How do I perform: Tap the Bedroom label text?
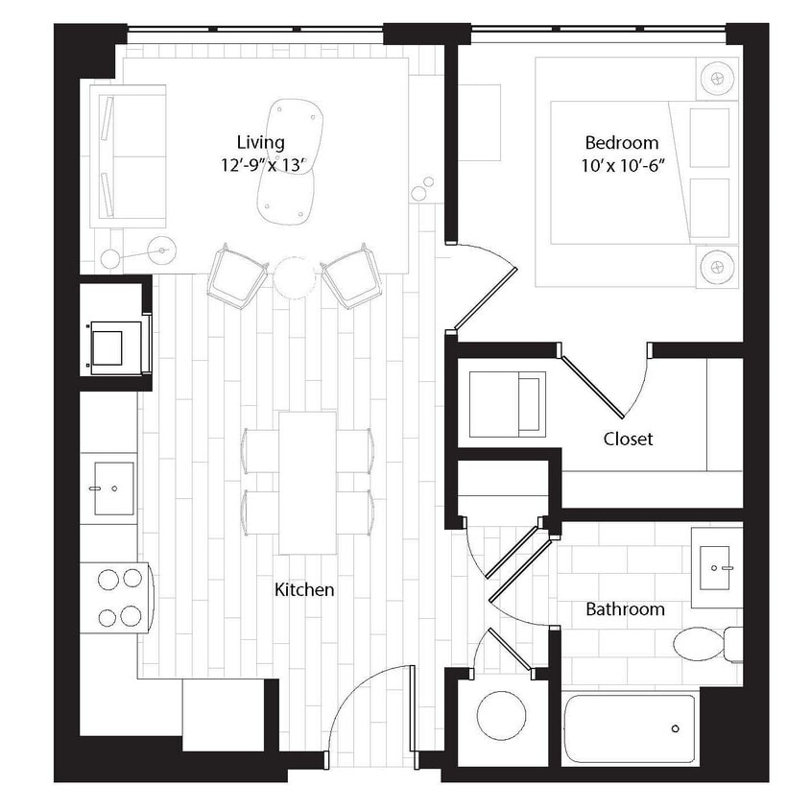tap(621, 143)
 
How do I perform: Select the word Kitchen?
tap(304, 589)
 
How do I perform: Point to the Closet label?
tap(628, 439)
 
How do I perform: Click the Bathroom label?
tap(625, 608)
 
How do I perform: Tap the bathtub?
tap(628, 727)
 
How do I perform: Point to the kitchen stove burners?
tap(117, 599)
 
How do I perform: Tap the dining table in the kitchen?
tap(307, 482)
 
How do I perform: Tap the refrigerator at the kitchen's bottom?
tap(225, 714)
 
